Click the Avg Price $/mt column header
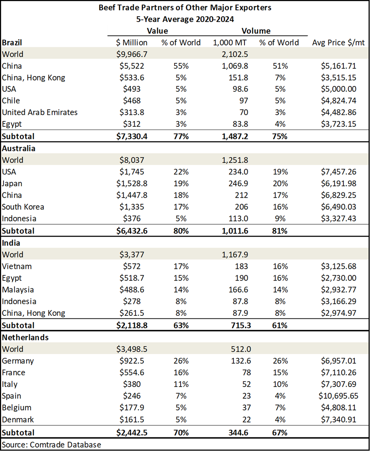338,42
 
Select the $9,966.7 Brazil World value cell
132,54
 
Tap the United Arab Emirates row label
40,112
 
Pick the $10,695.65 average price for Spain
338,396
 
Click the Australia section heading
19,148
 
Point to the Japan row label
12,184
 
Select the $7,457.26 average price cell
339,172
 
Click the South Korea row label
23,207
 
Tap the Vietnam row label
17,266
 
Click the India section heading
11,243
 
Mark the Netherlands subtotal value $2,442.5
132,432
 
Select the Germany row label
18,361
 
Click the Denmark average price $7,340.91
339,419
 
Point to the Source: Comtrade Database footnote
52,445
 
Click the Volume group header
256,31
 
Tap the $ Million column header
132,42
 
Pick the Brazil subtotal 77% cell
181,136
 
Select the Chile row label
11,101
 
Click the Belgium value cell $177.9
132,407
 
